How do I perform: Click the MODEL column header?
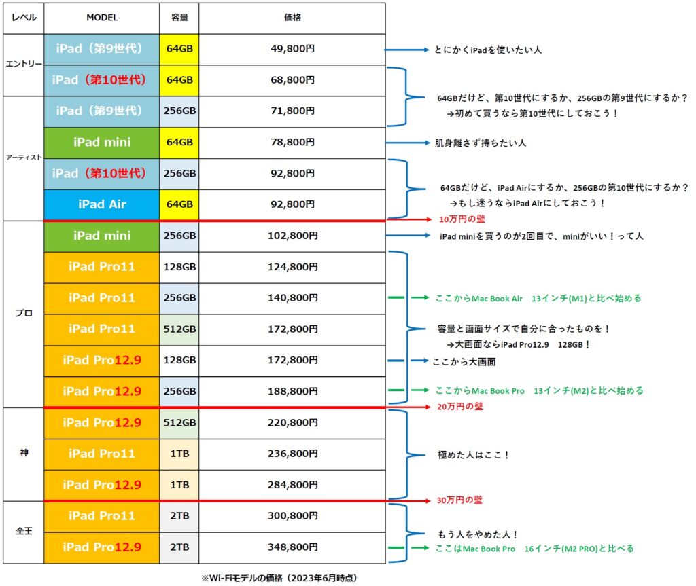point(102,18)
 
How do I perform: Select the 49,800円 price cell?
point(292,49)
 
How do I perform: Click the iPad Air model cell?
point(102,204)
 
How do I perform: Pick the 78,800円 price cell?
point(292,143)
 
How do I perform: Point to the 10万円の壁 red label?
point(462,219)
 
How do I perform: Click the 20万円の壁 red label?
point(460,406)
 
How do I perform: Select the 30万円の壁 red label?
point(459,500)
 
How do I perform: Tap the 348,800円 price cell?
point(292,547)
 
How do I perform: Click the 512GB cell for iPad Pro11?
point(179,329)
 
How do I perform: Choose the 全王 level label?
point(24,531)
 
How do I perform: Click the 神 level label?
point(24,453)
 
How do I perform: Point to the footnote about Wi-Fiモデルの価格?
point(279,578)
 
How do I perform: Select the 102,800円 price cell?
point(292,236)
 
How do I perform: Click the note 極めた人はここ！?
point(473,455)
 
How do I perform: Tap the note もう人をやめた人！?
point(478,534)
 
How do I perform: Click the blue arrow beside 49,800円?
point(406,50)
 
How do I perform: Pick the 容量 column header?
point(179,18)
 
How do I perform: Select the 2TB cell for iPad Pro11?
point(179,516)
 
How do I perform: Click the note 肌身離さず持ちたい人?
point(481,143)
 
